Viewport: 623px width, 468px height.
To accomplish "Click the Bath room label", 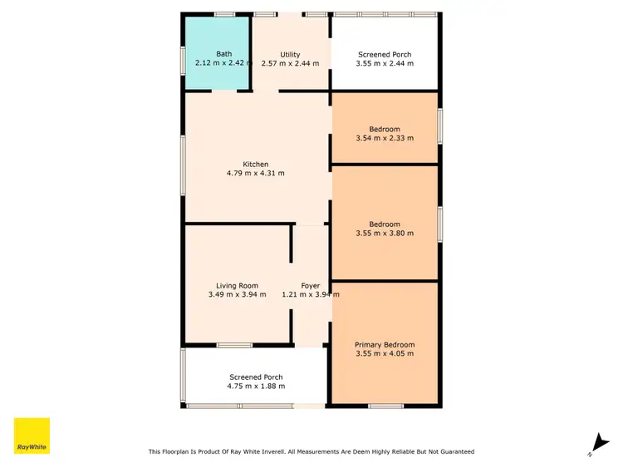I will pos(224,54).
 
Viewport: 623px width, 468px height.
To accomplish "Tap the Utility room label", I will pos(290,55).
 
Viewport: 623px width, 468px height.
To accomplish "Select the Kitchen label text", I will pos(255,165).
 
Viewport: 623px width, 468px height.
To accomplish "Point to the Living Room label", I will pos(237,286).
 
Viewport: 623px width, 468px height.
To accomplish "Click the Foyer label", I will pos(310,286).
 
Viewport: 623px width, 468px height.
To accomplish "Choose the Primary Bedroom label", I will pos(384,345).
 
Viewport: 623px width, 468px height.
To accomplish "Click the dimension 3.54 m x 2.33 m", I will pos(385,138).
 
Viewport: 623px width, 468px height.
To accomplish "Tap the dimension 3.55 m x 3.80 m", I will pos(385,234).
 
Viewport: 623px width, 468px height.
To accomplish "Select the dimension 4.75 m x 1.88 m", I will pos(257,386).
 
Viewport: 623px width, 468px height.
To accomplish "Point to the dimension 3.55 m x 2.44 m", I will pos(385,63).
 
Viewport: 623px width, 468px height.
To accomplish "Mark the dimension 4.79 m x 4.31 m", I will pos(255,173).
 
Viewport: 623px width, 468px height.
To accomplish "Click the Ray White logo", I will pos(32,436).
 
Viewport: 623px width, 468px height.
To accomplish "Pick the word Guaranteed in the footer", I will pos(455,451).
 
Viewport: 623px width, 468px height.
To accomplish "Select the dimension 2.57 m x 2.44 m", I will pos(290,63).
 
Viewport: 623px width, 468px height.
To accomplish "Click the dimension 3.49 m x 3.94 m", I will pos(237,294).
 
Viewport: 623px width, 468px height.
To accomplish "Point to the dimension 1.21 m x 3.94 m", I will pos(310,294).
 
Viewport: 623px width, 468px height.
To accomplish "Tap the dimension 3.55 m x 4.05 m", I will pos(384,353).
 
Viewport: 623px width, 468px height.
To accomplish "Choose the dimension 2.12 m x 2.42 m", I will pos(223,63).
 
